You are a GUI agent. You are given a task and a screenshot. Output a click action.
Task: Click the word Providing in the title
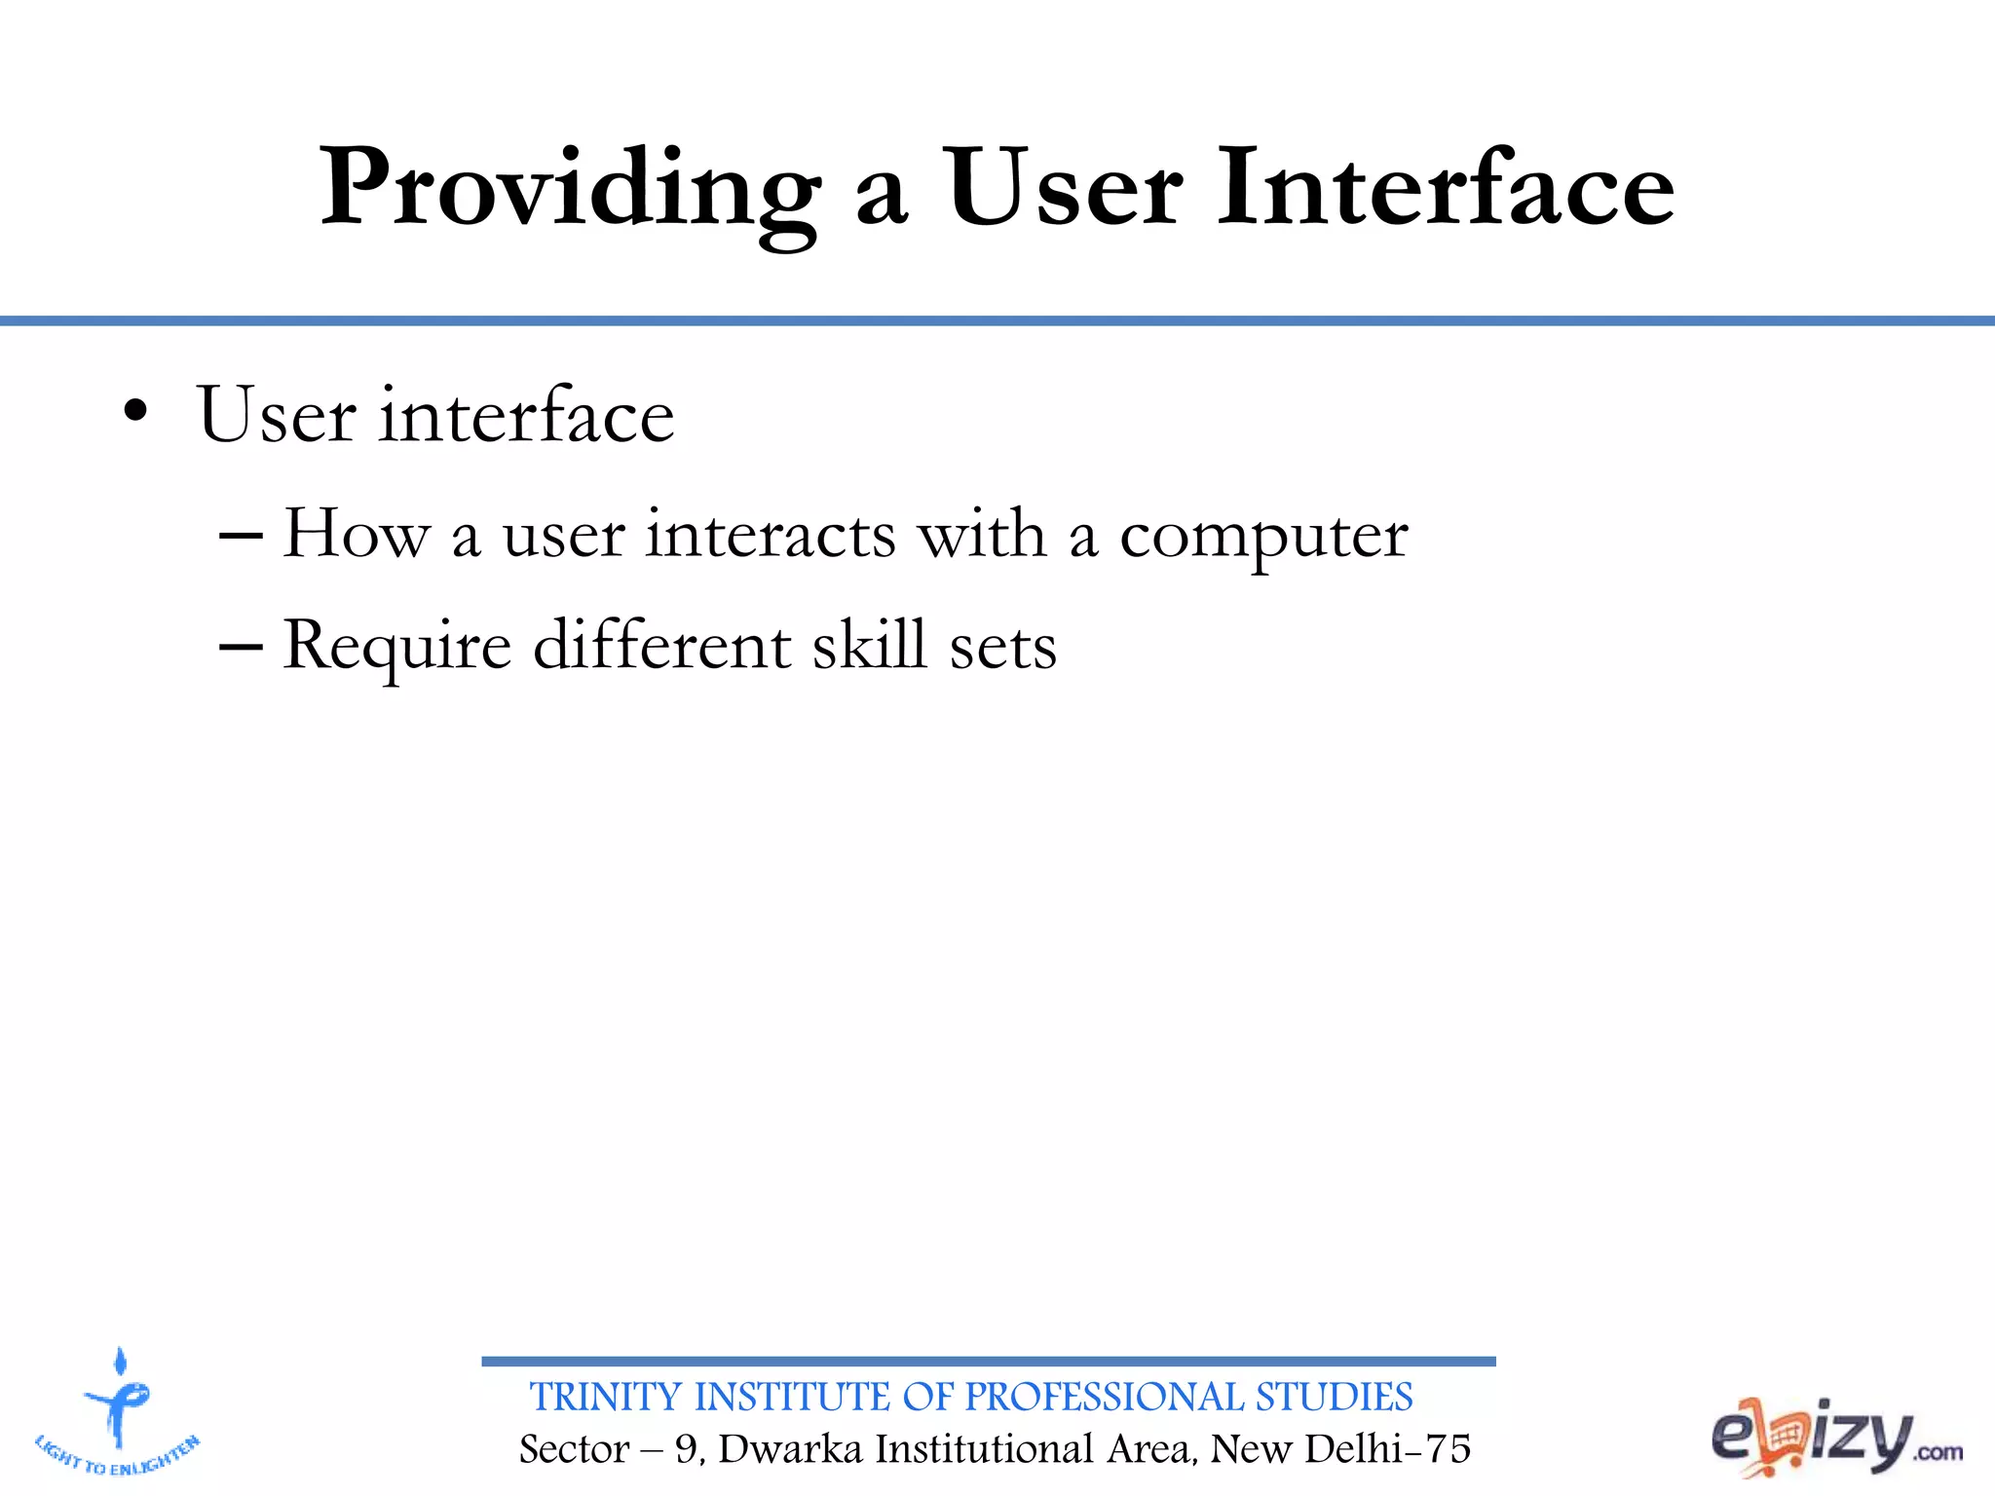pyautogui.click(x=570, y=190)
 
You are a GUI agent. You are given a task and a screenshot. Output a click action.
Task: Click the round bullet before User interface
pyautogui.click(x=136, y=413)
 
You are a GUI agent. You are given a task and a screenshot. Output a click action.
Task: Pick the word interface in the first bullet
pyautogui.click(x=527, y=416)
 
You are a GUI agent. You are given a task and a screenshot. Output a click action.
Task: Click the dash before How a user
pyautogui.click(x=241, y=537)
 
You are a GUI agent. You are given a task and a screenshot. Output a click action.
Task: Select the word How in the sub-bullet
pyautogui.click(x=356, y=535)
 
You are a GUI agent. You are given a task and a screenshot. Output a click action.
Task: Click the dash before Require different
pyautogui.click(x=241, y=647)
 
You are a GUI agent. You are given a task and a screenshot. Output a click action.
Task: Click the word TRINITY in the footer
pyautogui.click(x=606, y=1398)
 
